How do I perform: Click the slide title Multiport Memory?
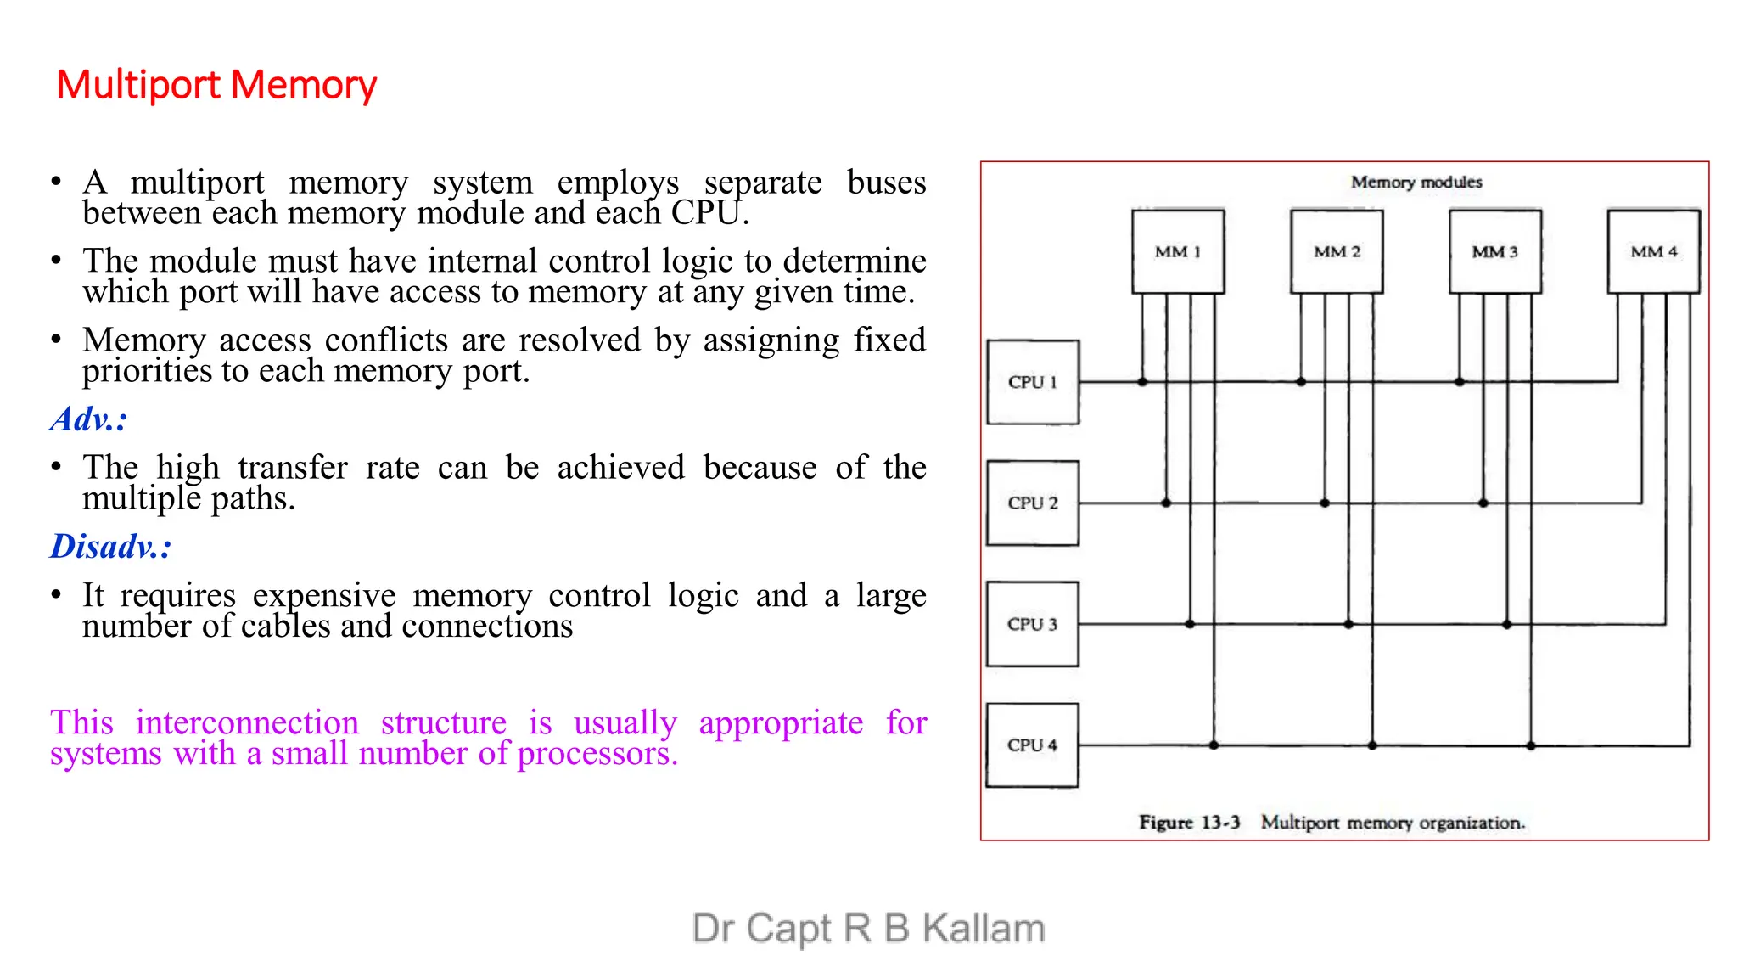pyautogui.click(x=216, y=85)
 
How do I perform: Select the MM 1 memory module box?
pyautogui.click(x=1178, y=251)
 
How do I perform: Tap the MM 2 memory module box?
pyautogui.click(x=1337, y=251)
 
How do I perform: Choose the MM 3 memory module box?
pyautogui.click(x=1494, y=251)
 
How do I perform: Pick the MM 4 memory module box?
pyautogui.click(x=1653, y=251)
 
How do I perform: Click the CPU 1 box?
pyautogui.click(x=1033, y=382)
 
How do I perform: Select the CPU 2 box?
pyautogui.click(x=1033, y=503)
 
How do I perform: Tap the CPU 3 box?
pyautogui.click(x=1033, y=624)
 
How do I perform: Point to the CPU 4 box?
pyautogui.click(x=1033, y=745)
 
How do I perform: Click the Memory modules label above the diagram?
pyautogui.click(x=1416, y=182)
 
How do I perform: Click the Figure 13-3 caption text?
pyautogui.click(x=1332, y=822)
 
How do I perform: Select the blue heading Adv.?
pyautogui.click(x=88, y=419)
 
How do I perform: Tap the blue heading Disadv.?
pyautogui.click(x=110, y=546)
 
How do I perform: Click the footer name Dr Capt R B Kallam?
pyautogui.click(x=868, y=928)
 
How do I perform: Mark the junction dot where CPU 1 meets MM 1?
pyautogui.click(x=1142, y=382)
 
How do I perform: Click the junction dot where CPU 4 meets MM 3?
pyautogui.click(x=1531, y=745)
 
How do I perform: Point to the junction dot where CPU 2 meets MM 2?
pyautogui.click(x=1325, y=503)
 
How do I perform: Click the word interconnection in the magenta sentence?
pyautogui.click(x=247, y=723)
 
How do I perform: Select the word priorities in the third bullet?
pyautogui.click(x=147, y=372)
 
